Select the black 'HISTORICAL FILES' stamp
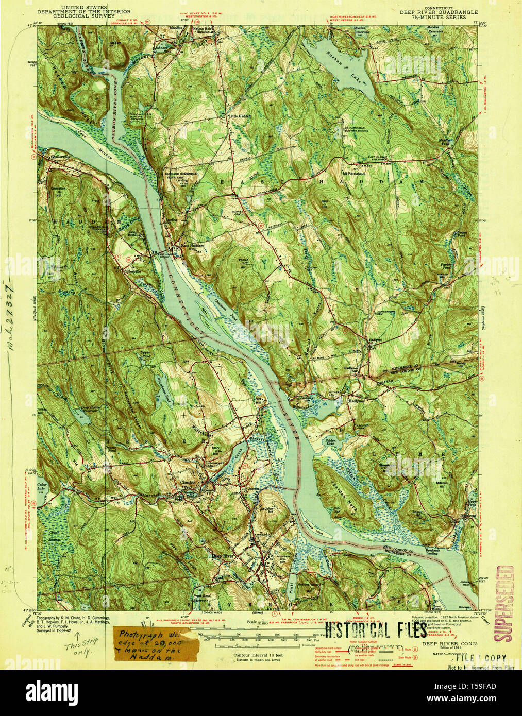pyautogui.click(x=376, y=629)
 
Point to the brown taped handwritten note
pyautogui.click(x=155, y=644)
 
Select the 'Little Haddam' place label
pyautogui.click(x=240, y=116)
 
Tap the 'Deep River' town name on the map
pyautogui.click(x=223, y=556)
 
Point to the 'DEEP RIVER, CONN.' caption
pyautogui.click(x=450, y=644)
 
